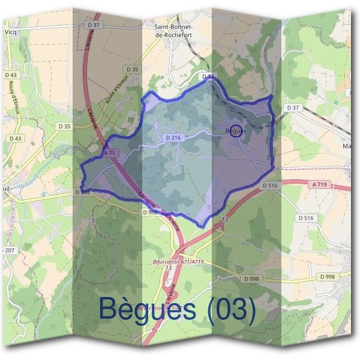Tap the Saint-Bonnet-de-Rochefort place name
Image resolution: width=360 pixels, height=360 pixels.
[174, 30]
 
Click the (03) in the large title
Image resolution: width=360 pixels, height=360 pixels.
[230, 309]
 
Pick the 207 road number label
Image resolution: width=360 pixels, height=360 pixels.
[10, 249]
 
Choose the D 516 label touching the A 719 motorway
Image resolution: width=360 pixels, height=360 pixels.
[270, 186]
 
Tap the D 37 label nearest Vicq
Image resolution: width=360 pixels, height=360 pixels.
[92, 25]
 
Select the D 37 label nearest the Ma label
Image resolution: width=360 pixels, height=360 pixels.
[292, 107]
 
